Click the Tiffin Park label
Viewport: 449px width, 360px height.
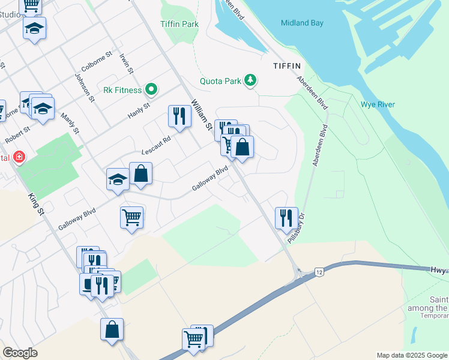coord(179,25)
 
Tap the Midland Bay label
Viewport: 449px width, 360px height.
coord(302,23)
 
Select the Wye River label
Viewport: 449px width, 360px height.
coord(378,104)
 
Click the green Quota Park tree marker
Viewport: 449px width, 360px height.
coord(250,80)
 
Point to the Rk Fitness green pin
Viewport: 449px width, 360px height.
coord(152,90)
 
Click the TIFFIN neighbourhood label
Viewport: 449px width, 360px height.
coord(286,65)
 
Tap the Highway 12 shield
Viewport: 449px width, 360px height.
coord(318,272)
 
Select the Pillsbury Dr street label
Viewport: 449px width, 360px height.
coord(297,228)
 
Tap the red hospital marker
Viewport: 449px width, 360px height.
coord(19,157)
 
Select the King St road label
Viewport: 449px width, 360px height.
coord(37,204)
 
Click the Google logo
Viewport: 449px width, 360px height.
coord(20,353)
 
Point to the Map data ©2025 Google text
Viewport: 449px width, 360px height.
coord(411,355)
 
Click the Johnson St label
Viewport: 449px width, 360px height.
coord(85,85)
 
